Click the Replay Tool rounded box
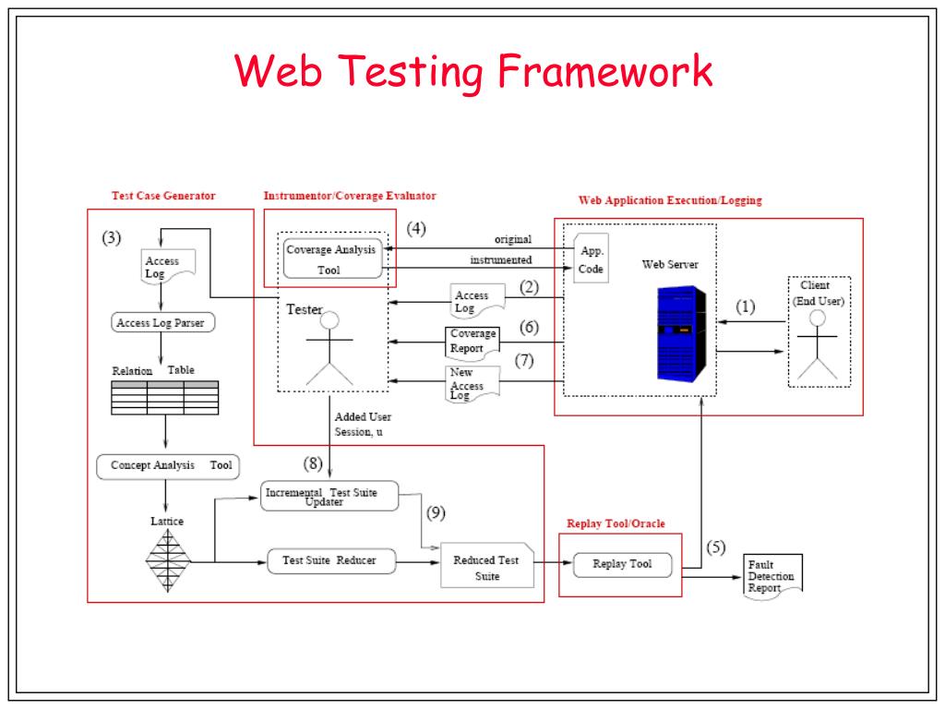click(x=622, y=564)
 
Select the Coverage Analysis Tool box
click(x=332, y=258)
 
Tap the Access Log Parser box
click(x=162, y=322)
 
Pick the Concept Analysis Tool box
click(x=168, y=466)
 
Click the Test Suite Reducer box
click(x=331, y=560)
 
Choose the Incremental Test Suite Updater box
click(x=329, y=496)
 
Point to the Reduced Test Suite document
click(x=487, y=565)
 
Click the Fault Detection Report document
click(x=772, y=576)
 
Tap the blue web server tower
click(x=682, y=333)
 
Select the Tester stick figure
click(x=329, y=348)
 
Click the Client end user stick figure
click(x=818, y=344)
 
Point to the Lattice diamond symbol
click(x=168, y=560)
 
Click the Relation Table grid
click(x=165, y=397)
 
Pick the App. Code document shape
click(x=592, y=258)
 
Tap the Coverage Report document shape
click(x=472, y=343)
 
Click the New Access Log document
click(x=472, y=383)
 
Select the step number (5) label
click(x=716, y=547)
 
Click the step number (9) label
click(x=436, y=513)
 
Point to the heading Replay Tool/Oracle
click(x=616, y=523)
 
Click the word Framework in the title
click(x=605, y=71)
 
